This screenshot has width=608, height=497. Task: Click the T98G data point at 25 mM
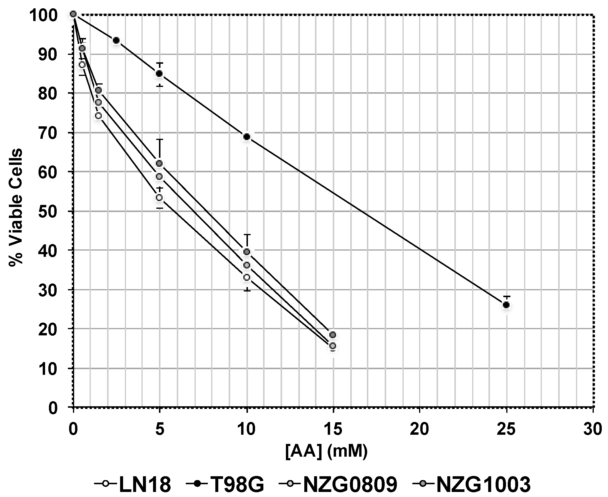tap(506, 305)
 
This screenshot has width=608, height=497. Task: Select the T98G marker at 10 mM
tap(246, 137)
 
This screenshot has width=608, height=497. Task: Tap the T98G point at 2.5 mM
tap(116, 40)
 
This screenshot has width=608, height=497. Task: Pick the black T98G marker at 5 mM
tap(159, 74)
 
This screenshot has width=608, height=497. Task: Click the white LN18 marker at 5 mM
tap(159, 197)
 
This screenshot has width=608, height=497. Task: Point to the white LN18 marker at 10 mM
tap(246, 277)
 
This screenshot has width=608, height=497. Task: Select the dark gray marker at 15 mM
tap(333, 335)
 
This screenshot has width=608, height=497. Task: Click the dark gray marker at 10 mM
tap(246, 252)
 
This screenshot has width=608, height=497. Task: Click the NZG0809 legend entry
tap(338, 484)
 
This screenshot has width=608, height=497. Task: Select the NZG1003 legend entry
tap(472, 484)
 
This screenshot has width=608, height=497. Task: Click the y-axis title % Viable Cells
tap(15, 208)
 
